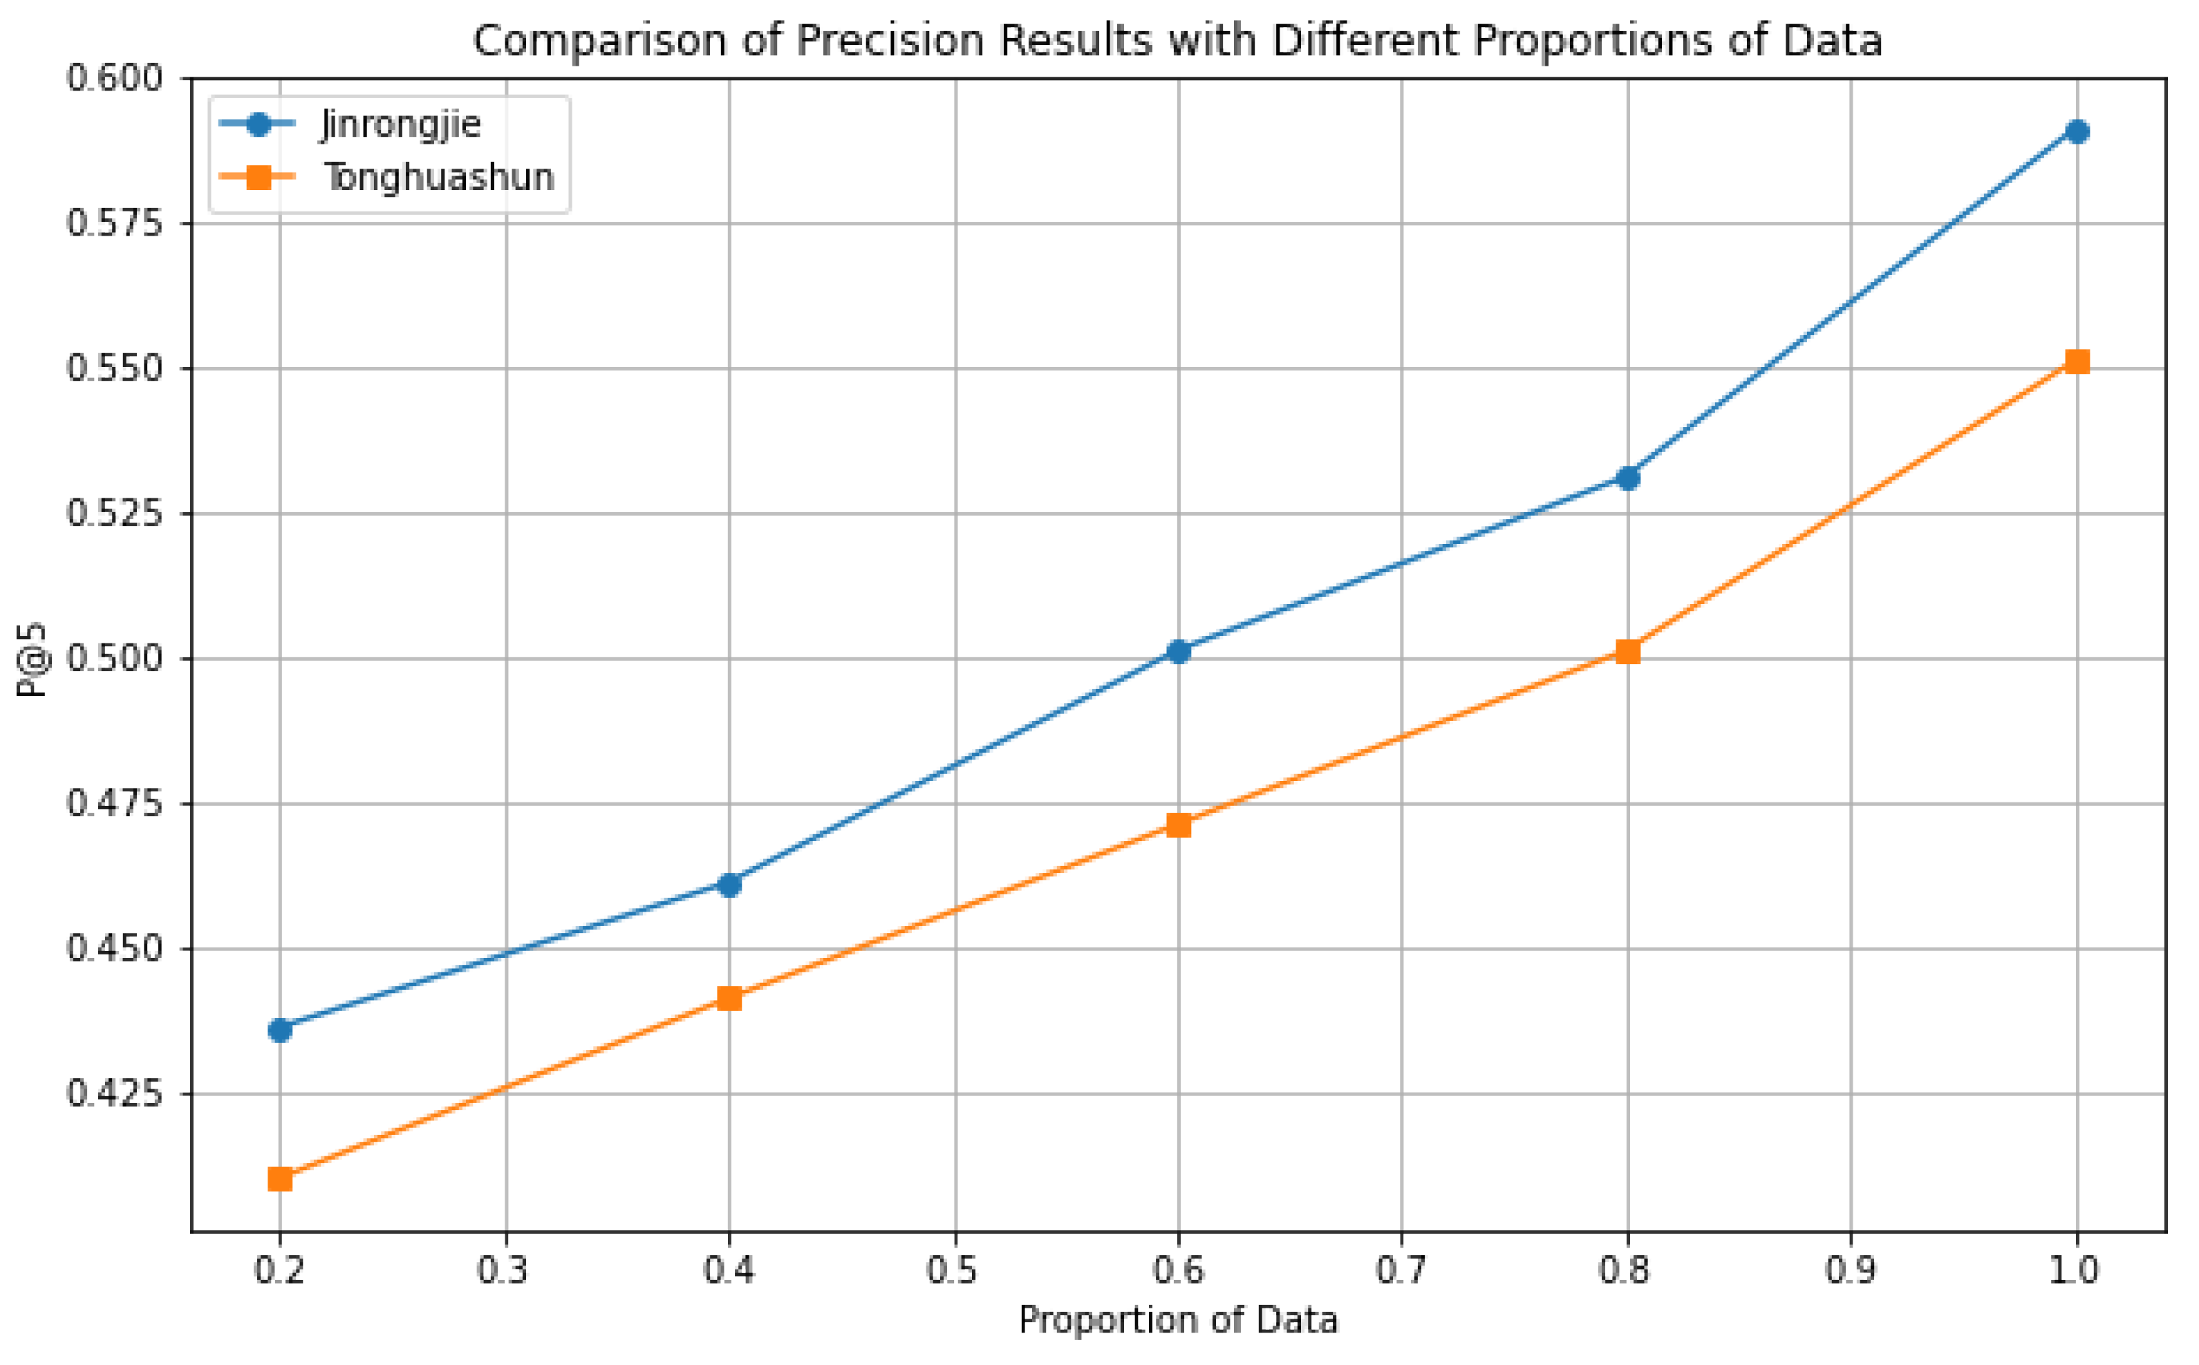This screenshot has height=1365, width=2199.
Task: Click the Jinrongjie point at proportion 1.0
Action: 2077,132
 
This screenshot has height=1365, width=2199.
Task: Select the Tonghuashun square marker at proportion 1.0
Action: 2077,362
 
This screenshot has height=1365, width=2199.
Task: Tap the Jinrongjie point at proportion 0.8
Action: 1627,478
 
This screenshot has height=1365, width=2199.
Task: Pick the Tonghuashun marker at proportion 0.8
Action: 1627,652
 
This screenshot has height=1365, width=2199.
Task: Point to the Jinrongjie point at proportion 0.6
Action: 1178,652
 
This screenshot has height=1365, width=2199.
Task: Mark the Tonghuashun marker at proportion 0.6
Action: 1178,825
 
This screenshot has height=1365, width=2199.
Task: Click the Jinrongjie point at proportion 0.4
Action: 729,885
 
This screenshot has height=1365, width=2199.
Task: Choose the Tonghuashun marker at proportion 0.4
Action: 729,999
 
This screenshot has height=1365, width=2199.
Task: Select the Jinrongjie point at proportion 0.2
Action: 280,1030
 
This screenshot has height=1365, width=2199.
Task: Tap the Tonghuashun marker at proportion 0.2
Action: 280,1179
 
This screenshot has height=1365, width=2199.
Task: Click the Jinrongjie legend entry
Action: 400,124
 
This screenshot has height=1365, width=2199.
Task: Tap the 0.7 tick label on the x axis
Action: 1402,1271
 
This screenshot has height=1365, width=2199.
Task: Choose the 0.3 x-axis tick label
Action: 505,1271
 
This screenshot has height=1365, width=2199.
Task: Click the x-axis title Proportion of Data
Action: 1178,1321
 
